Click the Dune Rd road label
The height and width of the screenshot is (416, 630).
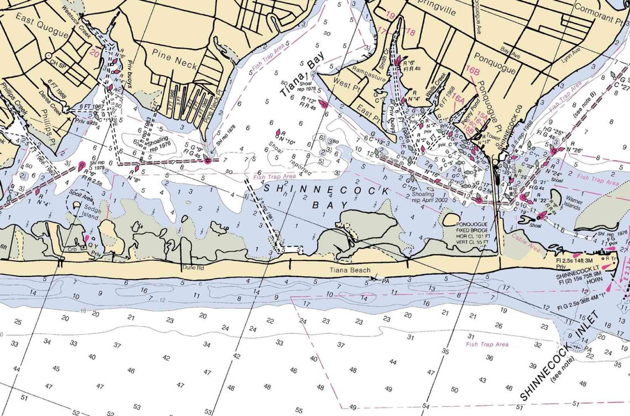[x=193, y=267]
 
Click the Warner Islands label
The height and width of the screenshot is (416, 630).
[x=573, y=205]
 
